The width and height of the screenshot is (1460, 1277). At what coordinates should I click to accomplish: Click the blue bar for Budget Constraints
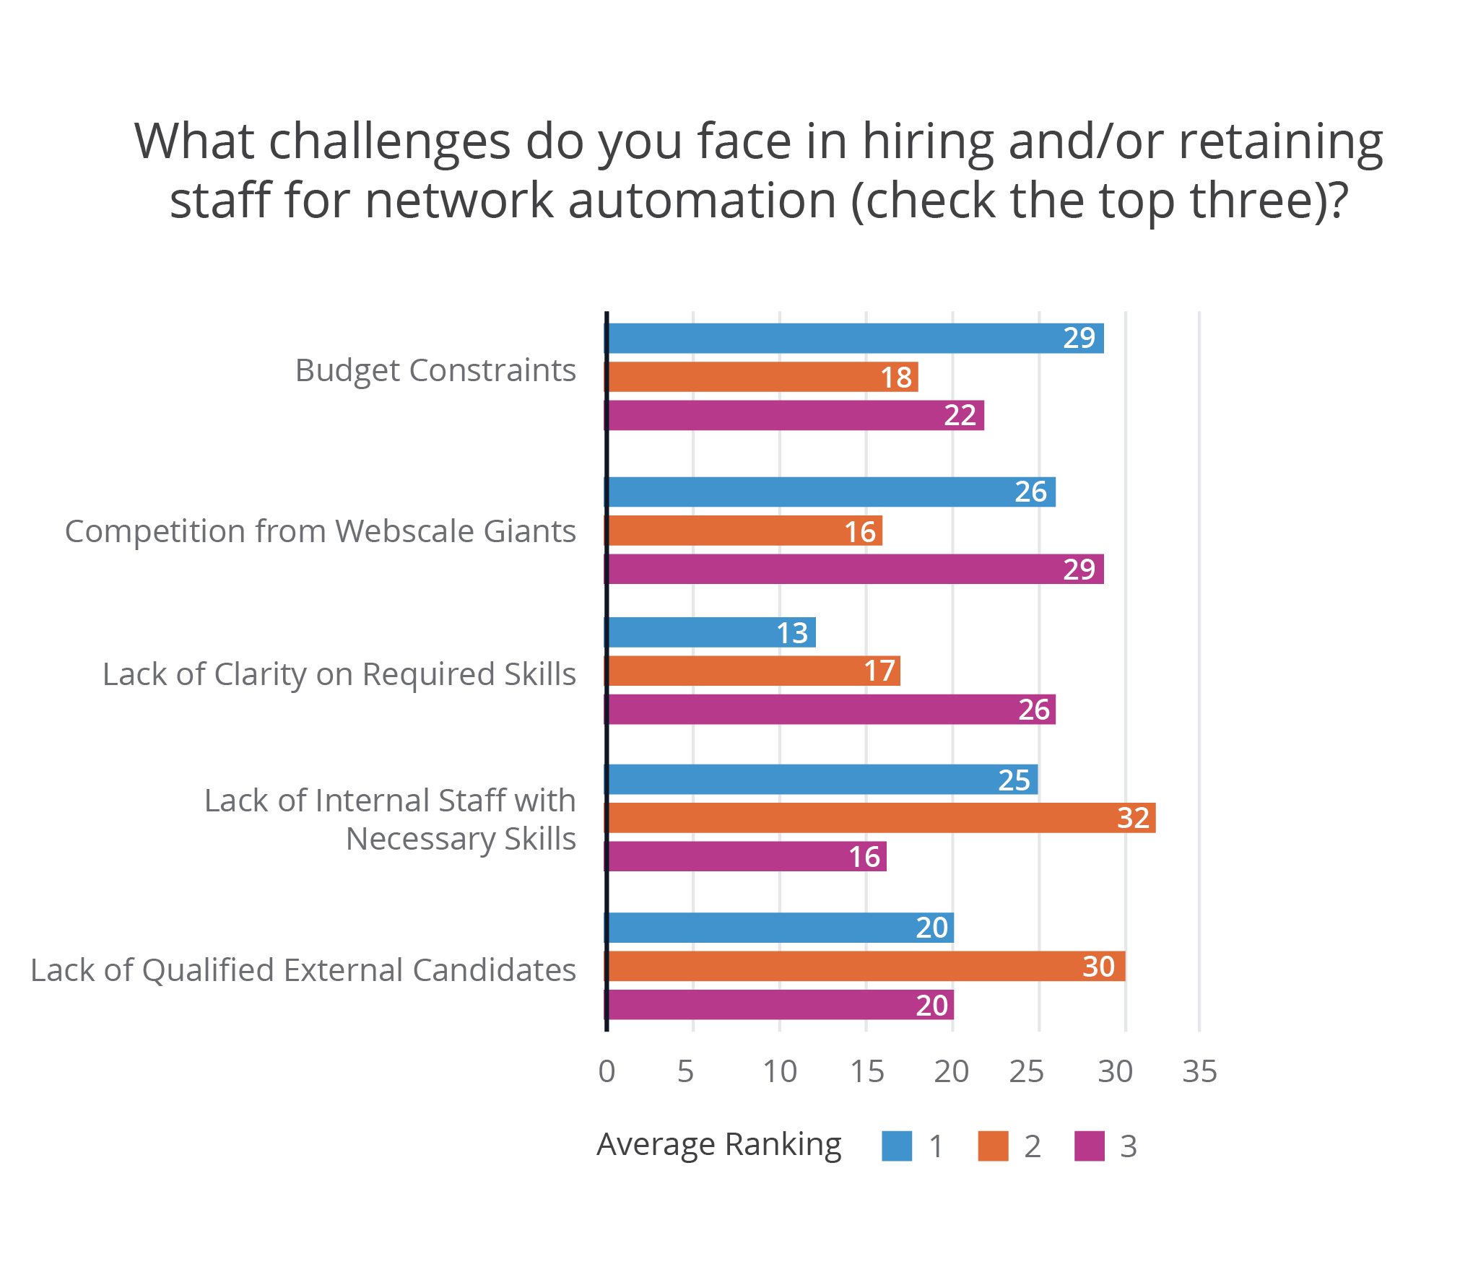(x=856, y=338)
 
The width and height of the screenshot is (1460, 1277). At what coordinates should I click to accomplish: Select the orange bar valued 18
(x=762, y=377)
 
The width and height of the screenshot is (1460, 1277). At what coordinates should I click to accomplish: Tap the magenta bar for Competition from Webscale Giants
(x=856, y=569)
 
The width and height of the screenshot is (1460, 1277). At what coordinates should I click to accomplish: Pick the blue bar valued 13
(x=711, y=632)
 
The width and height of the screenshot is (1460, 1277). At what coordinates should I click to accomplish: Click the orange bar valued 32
(x=881, y=818)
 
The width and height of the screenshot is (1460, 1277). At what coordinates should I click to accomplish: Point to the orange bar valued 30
(x=866, y=966)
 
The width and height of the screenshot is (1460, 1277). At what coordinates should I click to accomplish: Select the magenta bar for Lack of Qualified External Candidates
(x=780, y=1005)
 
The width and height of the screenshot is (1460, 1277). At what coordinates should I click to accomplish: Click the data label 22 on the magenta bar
(x=960, y=415)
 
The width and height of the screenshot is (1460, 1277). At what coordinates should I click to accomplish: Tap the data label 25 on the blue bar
(x=1014, y=780)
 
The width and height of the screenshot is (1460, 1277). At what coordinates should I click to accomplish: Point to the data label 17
(x=879, y=671)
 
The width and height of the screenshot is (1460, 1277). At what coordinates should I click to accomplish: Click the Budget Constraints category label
(x=435, y=370)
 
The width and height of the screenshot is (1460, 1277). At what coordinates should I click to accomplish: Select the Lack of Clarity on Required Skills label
(x=339, y=674)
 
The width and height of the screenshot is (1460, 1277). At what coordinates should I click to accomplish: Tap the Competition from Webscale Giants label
(x=320, y=531)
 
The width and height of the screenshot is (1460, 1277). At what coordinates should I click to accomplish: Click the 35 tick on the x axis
(x=1199, y=1071)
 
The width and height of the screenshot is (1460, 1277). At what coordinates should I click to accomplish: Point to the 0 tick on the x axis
(x=607, y=1071)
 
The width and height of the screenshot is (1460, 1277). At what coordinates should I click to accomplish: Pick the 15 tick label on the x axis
(x=866, y=1071)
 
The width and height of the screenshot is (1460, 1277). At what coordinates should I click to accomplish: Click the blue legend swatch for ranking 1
(x=897, y=1146)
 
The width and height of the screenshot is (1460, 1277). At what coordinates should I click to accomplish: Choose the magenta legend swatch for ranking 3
(x=1089, y=1146)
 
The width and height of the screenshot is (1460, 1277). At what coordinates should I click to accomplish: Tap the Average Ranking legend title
(x=718, y=1144)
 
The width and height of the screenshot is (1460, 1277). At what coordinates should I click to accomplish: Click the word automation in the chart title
(x=702, y=200)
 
